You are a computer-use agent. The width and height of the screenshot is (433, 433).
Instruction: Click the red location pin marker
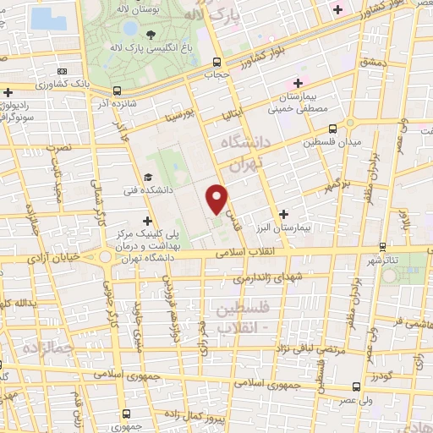pyautogui.click(x=218, y=198)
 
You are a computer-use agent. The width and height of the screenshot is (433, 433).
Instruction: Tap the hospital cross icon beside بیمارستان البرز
pyautogui.click(x=283, y=214)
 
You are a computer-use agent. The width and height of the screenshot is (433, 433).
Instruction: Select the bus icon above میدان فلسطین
pyautogui.click(x=332, y=129)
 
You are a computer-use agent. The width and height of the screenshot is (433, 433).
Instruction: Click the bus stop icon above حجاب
pyautogui.click(x=217, y=62)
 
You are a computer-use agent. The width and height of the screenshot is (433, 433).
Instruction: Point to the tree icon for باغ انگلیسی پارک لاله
pyautogui.click(x=151, y=34)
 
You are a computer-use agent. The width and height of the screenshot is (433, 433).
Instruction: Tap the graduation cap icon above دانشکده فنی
pyautogui.click(x=149, y=178)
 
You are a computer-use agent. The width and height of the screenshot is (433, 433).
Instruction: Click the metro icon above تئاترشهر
pyautogui.click(x=383, y=247)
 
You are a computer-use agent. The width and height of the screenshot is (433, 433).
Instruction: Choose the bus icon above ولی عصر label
pyautogui.click(x=356, y=385)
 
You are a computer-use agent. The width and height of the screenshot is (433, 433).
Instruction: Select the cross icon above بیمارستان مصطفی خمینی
pyautogui.click(x=297, y=82)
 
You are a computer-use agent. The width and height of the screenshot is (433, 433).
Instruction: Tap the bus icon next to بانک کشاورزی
pyautogui.click(x=62, y=72)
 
